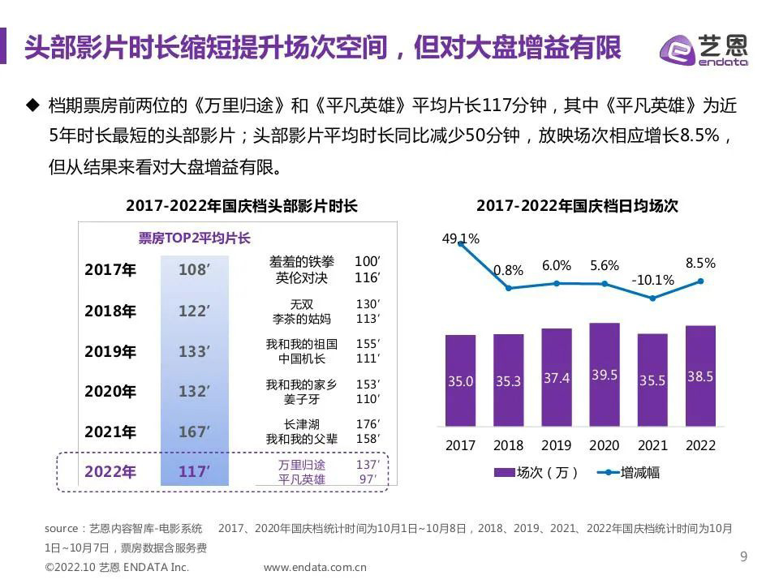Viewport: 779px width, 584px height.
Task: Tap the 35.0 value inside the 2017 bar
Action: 460,380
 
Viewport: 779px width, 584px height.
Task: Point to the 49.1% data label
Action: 460,238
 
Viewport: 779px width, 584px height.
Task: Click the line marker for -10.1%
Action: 652,298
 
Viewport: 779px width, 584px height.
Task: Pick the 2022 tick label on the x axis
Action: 700,445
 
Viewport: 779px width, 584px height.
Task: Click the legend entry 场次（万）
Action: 536,472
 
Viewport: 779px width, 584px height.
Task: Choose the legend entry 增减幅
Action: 629,472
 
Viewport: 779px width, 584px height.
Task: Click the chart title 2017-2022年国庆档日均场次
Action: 577,206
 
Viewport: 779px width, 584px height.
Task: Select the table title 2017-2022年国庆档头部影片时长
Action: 242,206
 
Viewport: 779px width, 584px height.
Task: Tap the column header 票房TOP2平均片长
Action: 194,238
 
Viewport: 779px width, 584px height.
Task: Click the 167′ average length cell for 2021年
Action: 194,432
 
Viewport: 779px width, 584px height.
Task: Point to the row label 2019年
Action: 110,351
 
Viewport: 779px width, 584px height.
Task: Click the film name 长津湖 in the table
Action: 301,424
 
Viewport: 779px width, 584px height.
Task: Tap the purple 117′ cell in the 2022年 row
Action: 194,470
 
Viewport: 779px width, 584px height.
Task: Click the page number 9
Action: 743,556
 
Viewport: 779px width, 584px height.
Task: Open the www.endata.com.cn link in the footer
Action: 316,567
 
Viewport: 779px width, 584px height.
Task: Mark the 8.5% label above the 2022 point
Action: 700,263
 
